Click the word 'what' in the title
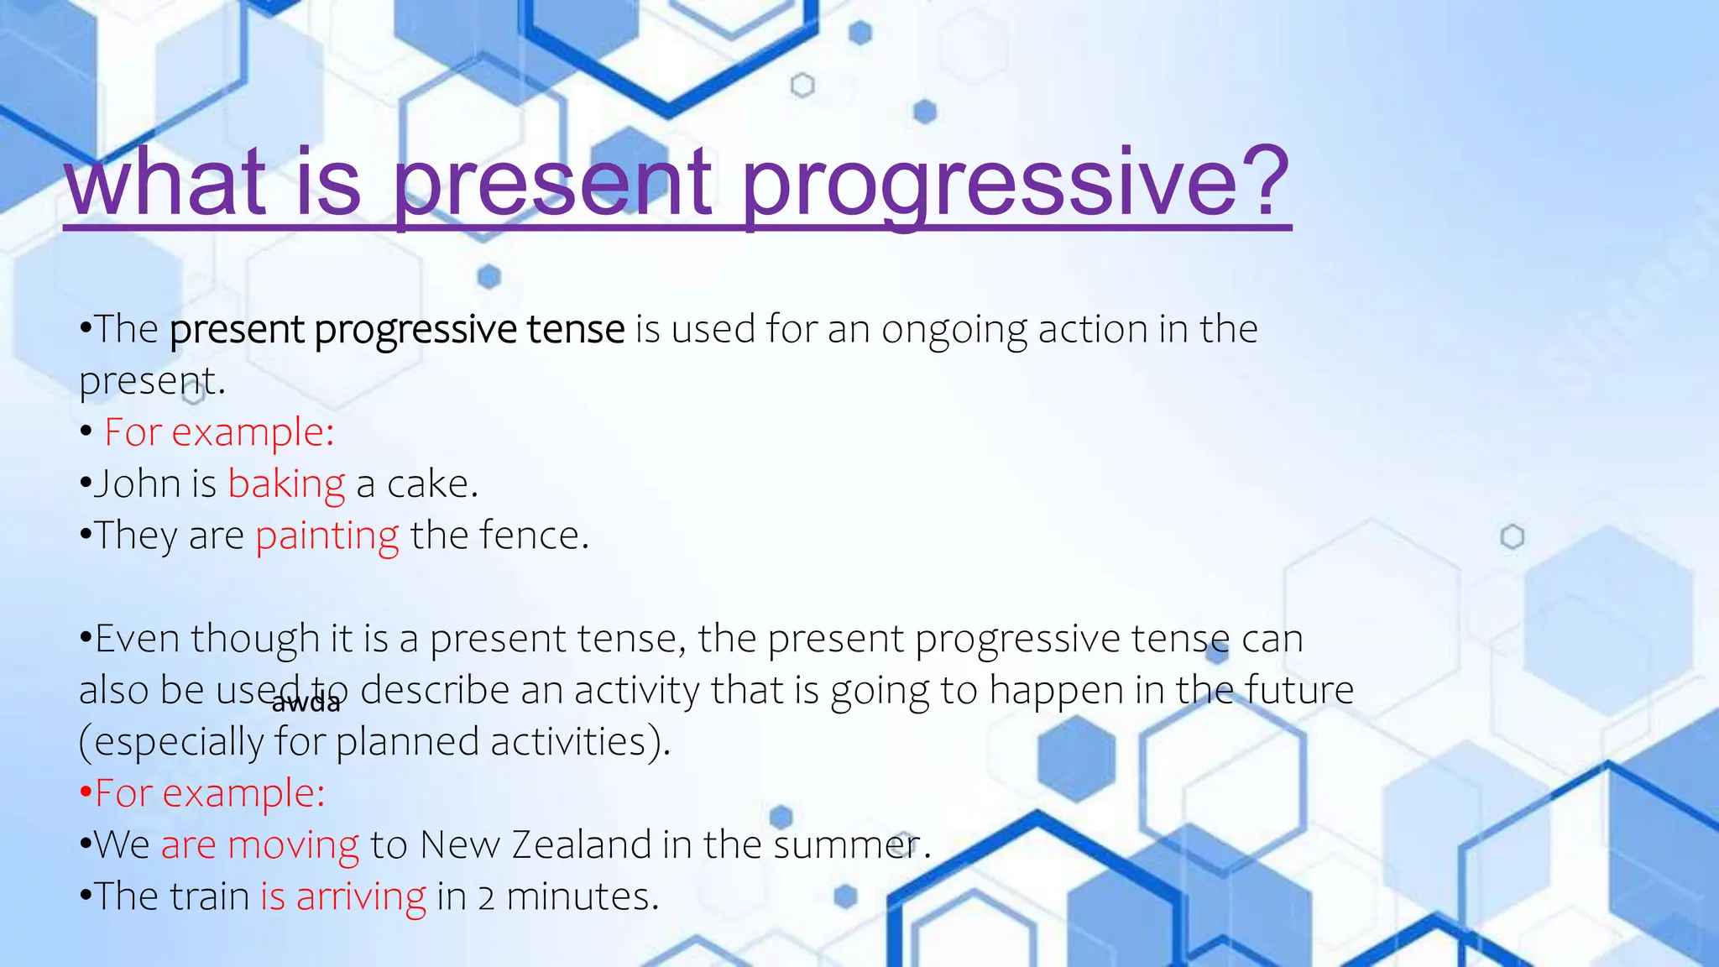[166, 181]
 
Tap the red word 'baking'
[286, 484]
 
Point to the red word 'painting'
[327, 536]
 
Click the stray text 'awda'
[306, 703]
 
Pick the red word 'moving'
[294, 844]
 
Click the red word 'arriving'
[361, 896]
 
